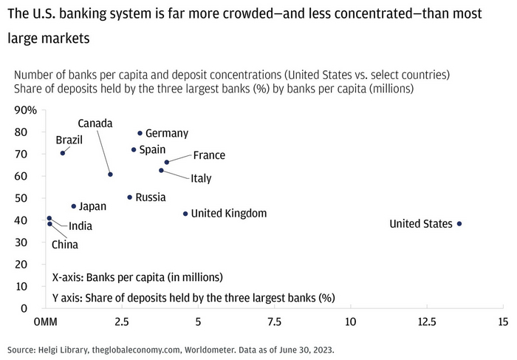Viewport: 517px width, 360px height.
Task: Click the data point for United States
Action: tap(459, 224)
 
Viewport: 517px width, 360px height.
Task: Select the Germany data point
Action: tap(140, 133)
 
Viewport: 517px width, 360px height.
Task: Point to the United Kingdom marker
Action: tap(185, 214)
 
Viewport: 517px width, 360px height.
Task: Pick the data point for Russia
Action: tap(130, 197)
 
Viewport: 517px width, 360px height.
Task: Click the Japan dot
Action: tap(73, 206)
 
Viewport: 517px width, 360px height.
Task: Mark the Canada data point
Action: tap(110, 174)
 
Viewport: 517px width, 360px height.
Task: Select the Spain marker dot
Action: tap(134, 149)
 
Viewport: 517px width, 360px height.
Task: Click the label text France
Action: tap(209, 155)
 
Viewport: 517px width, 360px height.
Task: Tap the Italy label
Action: tap(201, 178)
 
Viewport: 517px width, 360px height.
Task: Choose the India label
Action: tap(81, 226)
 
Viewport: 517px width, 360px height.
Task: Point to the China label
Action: tap(64, 245)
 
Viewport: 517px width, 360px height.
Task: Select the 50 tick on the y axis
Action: tap(30, 198)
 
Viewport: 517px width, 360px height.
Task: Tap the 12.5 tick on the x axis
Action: tap(426, 322)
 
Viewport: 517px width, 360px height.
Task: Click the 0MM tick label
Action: tap(46, 322)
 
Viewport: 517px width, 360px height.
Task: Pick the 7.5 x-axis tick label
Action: tap(274, 322)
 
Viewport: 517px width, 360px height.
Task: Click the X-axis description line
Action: tap(137, 278)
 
